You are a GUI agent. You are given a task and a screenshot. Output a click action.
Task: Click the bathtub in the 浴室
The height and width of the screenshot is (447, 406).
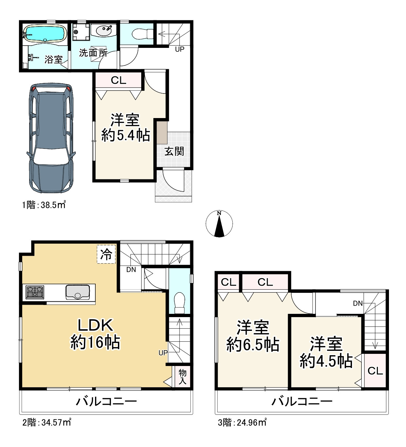(45, 33)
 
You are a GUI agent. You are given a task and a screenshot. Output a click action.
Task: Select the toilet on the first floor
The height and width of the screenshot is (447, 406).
(143, 34)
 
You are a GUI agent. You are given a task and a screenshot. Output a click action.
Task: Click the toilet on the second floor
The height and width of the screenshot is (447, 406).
(179, 303)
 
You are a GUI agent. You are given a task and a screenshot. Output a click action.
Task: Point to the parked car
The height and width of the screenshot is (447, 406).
(51, 138)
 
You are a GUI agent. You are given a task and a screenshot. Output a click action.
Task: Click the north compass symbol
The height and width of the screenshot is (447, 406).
(219, 224)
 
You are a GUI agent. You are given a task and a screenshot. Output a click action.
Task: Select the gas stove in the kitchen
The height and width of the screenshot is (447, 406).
(35, 292)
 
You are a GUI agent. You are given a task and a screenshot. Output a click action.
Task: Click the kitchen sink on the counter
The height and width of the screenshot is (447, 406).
(78, 292)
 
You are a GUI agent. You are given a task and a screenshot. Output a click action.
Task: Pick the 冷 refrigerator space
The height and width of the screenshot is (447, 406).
(106, 254)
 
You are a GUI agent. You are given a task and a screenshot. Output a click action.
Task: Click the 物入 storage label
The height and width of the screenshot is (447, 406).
(183, 376)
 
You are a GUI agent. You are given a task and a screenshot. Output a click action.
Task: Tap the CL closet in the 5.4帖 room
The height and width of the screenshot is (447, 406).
(119, 80)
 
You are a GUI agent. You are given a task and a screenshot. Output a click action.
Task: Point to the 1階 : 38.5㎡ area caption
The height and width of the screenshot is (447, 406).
(44, 205)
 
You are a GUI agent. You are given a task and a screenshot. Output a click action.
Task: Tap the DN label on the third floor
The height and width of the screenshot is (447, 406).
(358, 303)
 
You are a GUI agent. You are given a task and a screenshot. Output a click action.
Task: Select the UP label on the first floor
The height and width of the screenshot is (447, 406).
(180, 49)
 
